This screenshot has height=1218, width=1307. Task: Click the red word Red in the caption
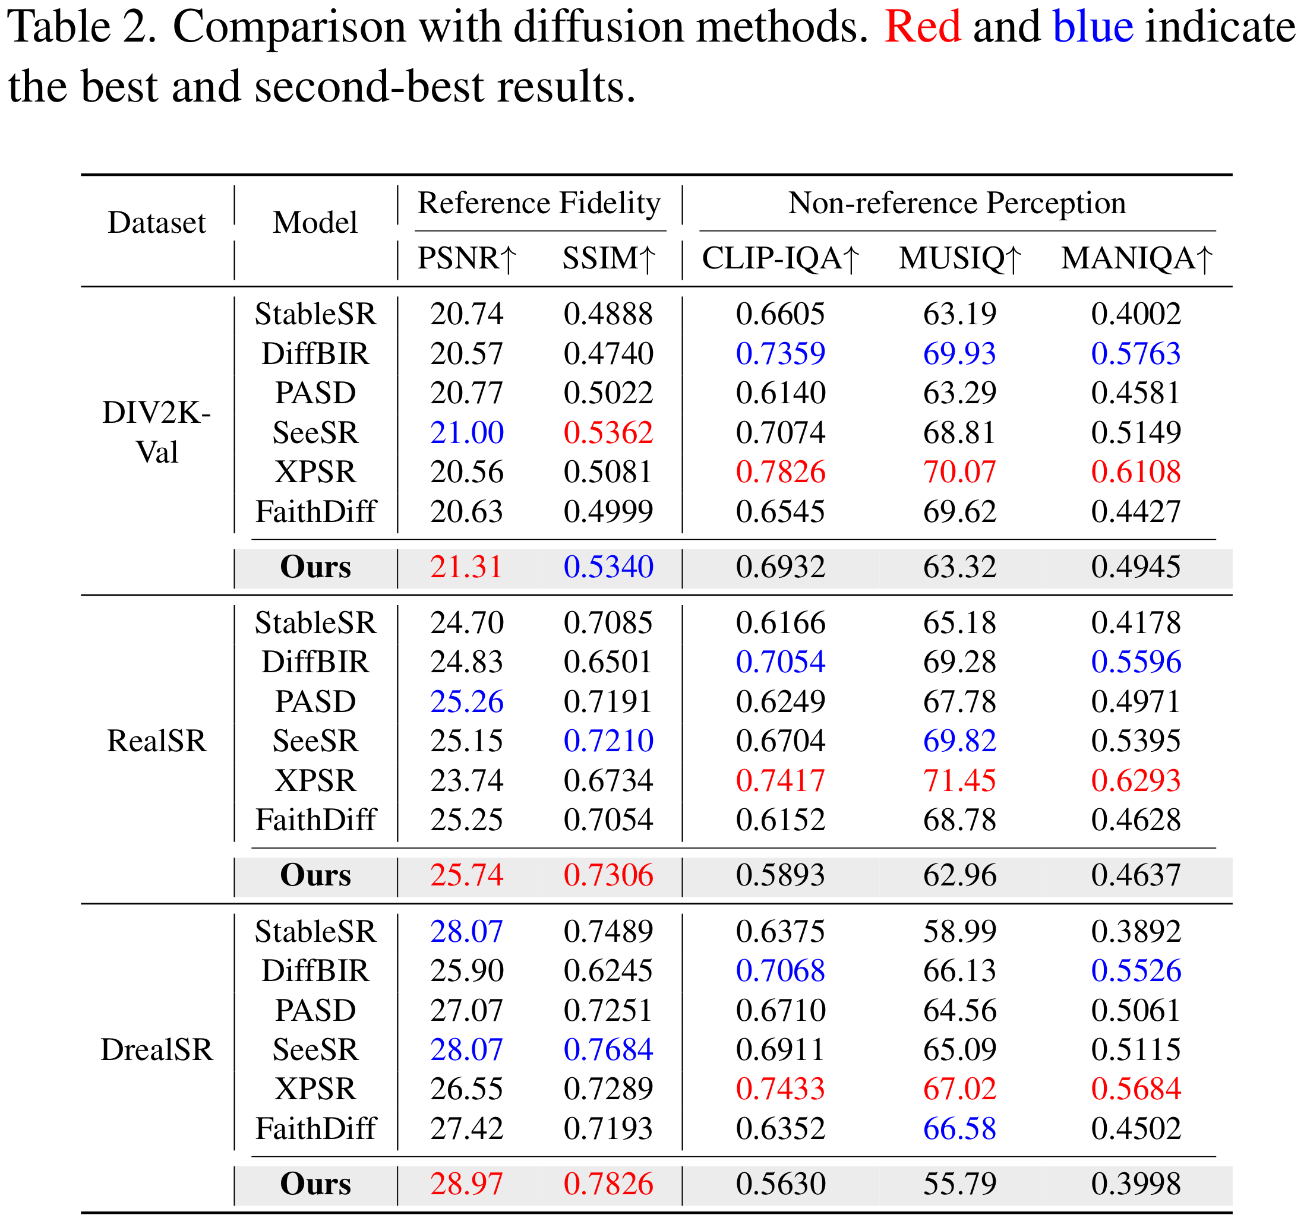click(923, 27)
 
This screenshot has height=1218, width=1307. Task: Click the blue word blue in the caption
click(1093, 27)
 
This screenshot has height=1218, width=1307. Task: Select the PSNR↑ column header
click(468, 258)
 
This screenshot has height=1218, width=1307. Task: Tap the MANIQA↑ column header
click(1136, 258)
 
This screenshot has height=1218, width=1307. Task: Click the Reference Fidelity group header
click(539, 203)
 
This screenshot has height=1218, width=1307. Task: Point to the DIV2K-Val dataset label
click(156, 432)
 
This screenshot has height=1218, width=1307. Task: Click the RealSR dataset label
click(156, 741)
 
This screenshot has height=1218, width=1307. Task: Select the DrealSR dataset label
click(156, 1050)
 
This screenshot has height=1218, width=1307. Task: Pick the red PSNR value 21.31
click(467, 567)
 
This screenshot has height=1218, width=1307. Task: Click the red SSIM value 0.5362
click(608, 432)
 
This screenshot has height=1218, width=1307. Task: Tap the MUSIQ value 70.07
click(959, 472)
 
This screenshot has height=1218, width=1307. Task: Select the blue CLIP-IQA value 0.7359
click(781, 353)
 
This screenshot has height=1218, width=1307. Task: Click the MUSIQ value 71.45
click(959, 780)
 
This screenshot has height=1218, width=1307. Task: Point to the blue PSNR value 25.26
click(467, 701)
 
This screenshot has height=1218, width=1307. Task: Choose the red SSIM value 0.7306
click(608, 875)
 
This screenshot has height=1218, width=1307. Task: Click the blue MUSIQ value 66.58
click(959, 1128)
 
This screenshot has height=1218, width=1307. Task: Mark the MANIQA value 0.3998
click(1136, 1184)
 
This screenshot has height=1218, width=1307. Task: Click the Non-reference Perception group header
click(956, 203)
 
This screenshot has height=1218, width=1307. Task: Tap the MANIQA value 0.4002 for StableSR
click(1136, 314)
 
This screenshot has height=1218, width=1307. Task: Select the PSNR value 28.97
click(467, 1184)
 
